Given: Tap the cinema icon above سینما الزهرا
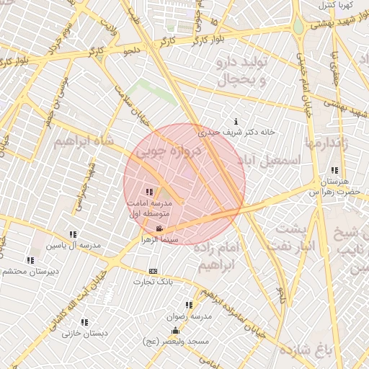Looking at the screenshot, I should point(159,228).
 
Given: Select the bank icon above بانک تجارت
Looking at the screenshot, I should point(152,272).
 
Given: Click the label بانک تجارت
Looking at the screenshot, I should point(153,281).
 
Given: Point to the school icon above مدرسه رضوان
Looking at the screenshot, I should point(190,306).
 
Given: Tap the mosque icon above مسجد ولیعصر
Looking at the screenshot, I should point(175,331).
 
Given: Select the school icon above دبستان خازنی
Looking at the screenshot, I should point(84,323).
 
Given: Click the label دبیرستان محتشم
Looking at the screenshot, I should point(30,271).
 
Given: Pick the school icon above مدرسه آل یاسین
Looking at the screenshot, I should point(73,235).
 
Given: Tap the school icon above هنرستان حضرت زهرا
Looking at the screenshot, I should point(334,171).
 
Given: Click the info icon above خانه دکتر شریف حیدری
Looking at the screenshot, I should point(237,122).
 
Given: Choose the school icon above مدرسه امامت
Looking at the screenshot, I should point(149,192).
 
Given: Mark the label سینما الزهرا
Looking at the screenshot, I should point(159,238).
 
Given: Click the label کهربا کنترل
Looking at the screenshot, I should point(334,5).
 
